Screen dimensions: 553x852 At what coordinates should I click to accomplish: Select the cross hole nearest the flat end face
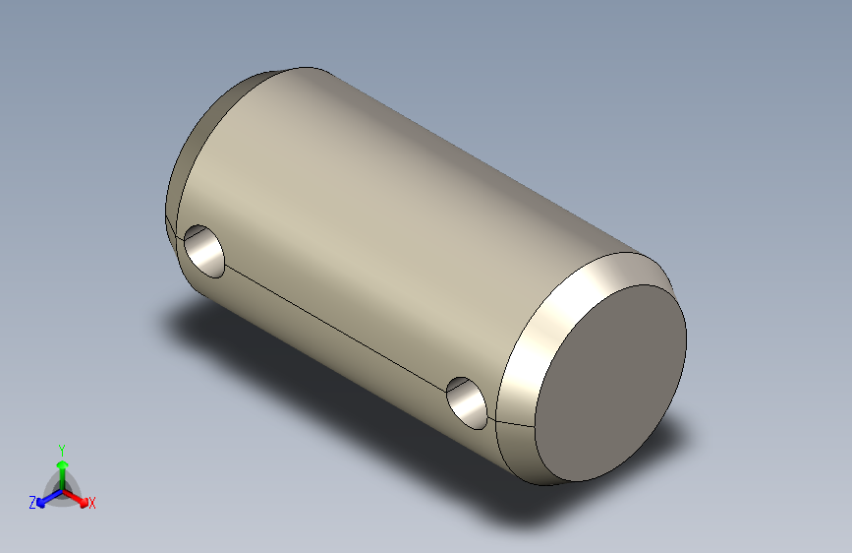click(x=468, y=402)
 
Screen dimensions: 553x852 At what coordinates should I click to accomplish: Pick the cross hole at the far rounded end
click(x=204, y=249)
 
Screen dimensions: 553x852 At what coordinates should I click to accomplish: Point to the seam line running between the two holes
click(x=334, y=325)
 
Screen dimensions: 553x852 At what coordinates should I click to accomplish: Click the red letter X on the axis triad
click(x=92, y=504)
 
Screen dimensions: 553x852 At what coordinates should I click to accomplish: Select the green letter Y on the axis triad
click(x=61, y=448)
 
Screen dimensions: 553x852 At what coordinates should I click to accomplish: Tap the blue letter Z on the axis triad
click(x=32, y=502)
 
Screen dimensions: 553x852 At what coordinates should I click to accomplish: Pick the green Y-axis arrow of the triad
click(x=62, y=465)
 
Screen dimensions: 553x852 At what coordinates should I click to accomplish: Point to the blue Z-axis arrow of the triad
click(x=45, y=498)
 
